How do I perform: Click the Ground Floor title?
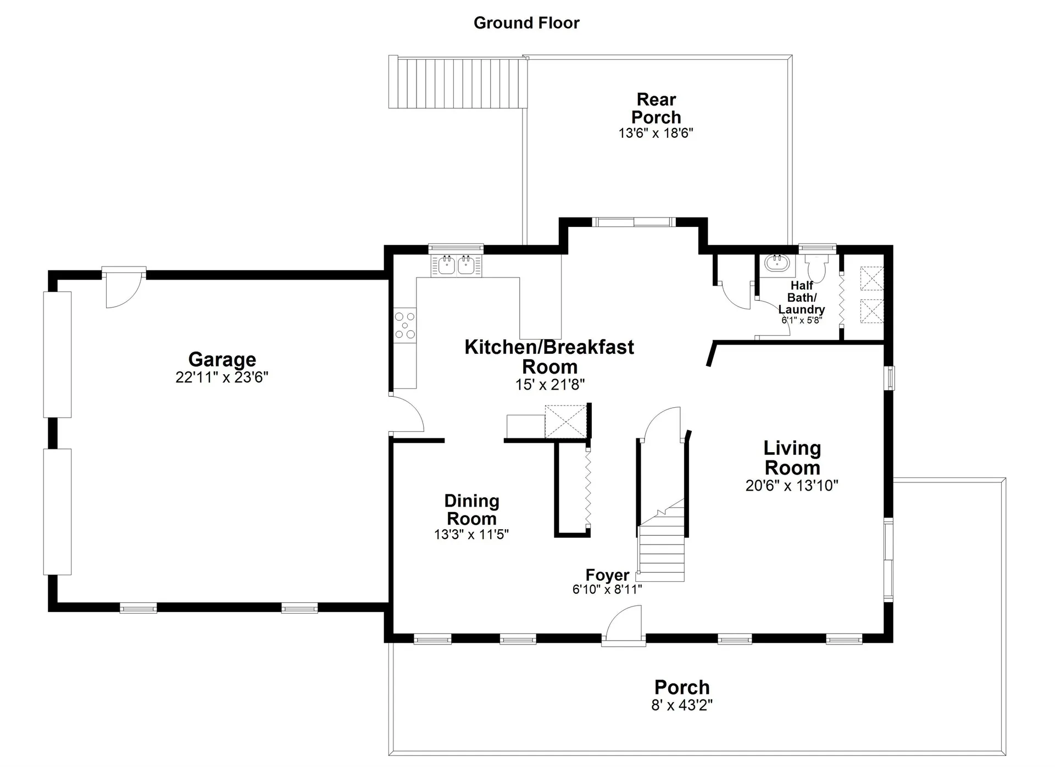pyautogui.click(x=526, y=23)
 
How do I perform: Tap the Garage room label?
pyautogui.click(x=222, y=359)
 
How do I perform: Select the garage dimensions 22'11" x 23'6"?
pyautogui.click(x=222, y=377)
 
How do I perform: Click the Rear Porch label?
pyautogui.click(x=656, y=108)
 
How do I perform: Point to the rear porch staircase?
pyautogui.click(x=458, y=82)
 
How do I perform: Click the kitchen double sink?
pyautogui.click(x=457, y=265)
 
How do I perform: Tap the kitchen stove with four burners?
pyautogui.click(x=405, y=325)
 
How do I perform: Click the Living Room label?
pyautogui.click(x=792, y=458)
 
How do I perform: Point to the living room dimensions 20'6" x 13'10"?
pyautogui.click(x=792, y=486)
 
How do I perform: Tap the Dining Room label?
pyautogui.click(x=471, y=509)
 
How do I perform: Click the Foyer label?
pyautogui.click(x=607, y=575)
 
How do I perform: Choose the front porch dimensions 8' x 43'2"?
pyautogui.click(x=682, y=705)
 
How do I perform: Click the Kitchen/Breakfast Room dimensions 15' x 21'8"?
pyautogui.click(x=549, y=385)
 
